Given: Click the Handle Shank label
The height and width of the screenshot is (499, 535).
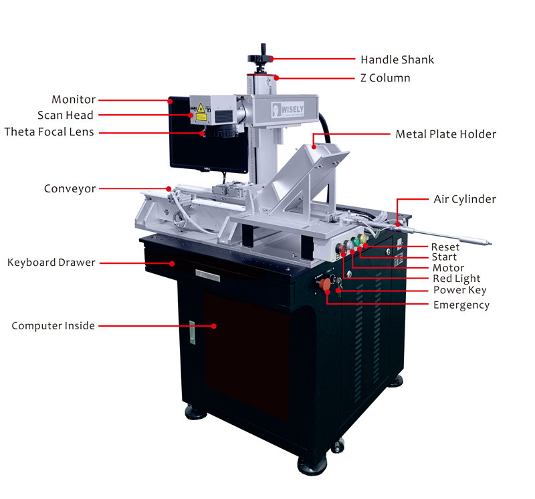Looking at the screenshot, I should pyautogui.click(x=397, y=59).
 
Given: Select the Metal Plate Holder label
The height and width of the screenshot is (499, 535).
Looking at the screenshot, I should pyautogui.click(x=445, y=134).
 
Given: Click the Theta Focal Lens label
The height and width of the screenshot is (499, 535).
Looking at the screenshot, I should pyautogui.click(x=49, y=132).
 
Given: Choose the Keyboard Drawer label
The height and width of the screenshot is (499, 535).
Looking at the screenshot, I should pyautogui.click(x=51, y=263).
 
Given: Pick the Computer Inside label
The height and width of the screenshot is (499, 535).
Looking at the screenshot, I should pyautogui.click(x=53, y=326).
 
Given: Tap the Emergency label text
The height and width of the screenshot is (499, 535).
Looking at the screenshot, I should pyautogui.click(x=461, y=305).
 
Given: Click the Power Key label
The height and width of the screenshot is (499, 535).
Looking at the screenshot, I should pyautogui.click(x=459, y=290).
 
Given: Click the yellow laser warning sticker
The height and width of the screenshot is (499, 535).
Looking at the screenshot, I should pyautogui.click(x=201, y=109).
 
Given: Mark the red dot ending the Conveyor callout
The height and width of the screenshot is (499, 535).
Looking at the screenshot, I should pyautogui.click(x=170, y=188).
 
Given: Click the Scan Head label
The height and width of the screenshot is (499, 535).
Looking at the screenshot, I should pyautogui.click(x=66, y=116).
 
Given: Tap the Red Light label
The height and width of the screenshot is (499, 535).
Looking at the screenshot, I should pyautogui.click(x=456, y=279).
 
